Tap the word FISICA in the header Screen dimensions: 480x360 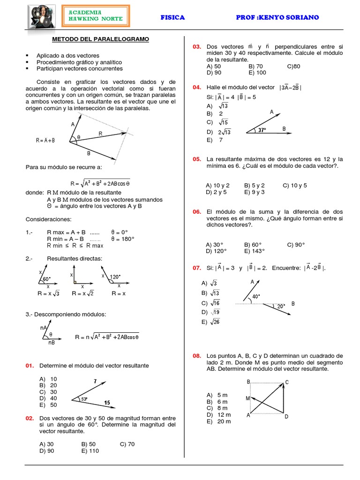(x=172, y=17)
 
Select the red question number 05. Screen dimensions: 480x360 (x=196, y=159)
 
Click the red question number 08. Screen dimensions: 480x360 (x=196, y=356)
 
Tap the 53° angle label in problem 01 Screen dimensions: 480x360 (x=84, y=399)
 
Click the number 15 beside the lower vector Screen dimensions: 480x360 (x=107, y=402)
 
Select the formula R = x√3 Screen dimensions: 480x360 (x=49, y=293)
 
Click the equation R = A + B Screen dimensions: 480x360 (x=45, y=140)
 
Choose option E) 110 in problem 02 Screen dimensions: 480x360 (x=90, y=451)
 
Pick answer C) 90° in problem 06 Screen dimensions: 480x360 (x=296, y=244)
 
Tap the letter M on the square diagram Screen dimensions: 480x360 (x=247, y=398)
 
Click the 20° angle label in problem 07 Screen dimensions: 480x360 (x=280, y=306)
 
